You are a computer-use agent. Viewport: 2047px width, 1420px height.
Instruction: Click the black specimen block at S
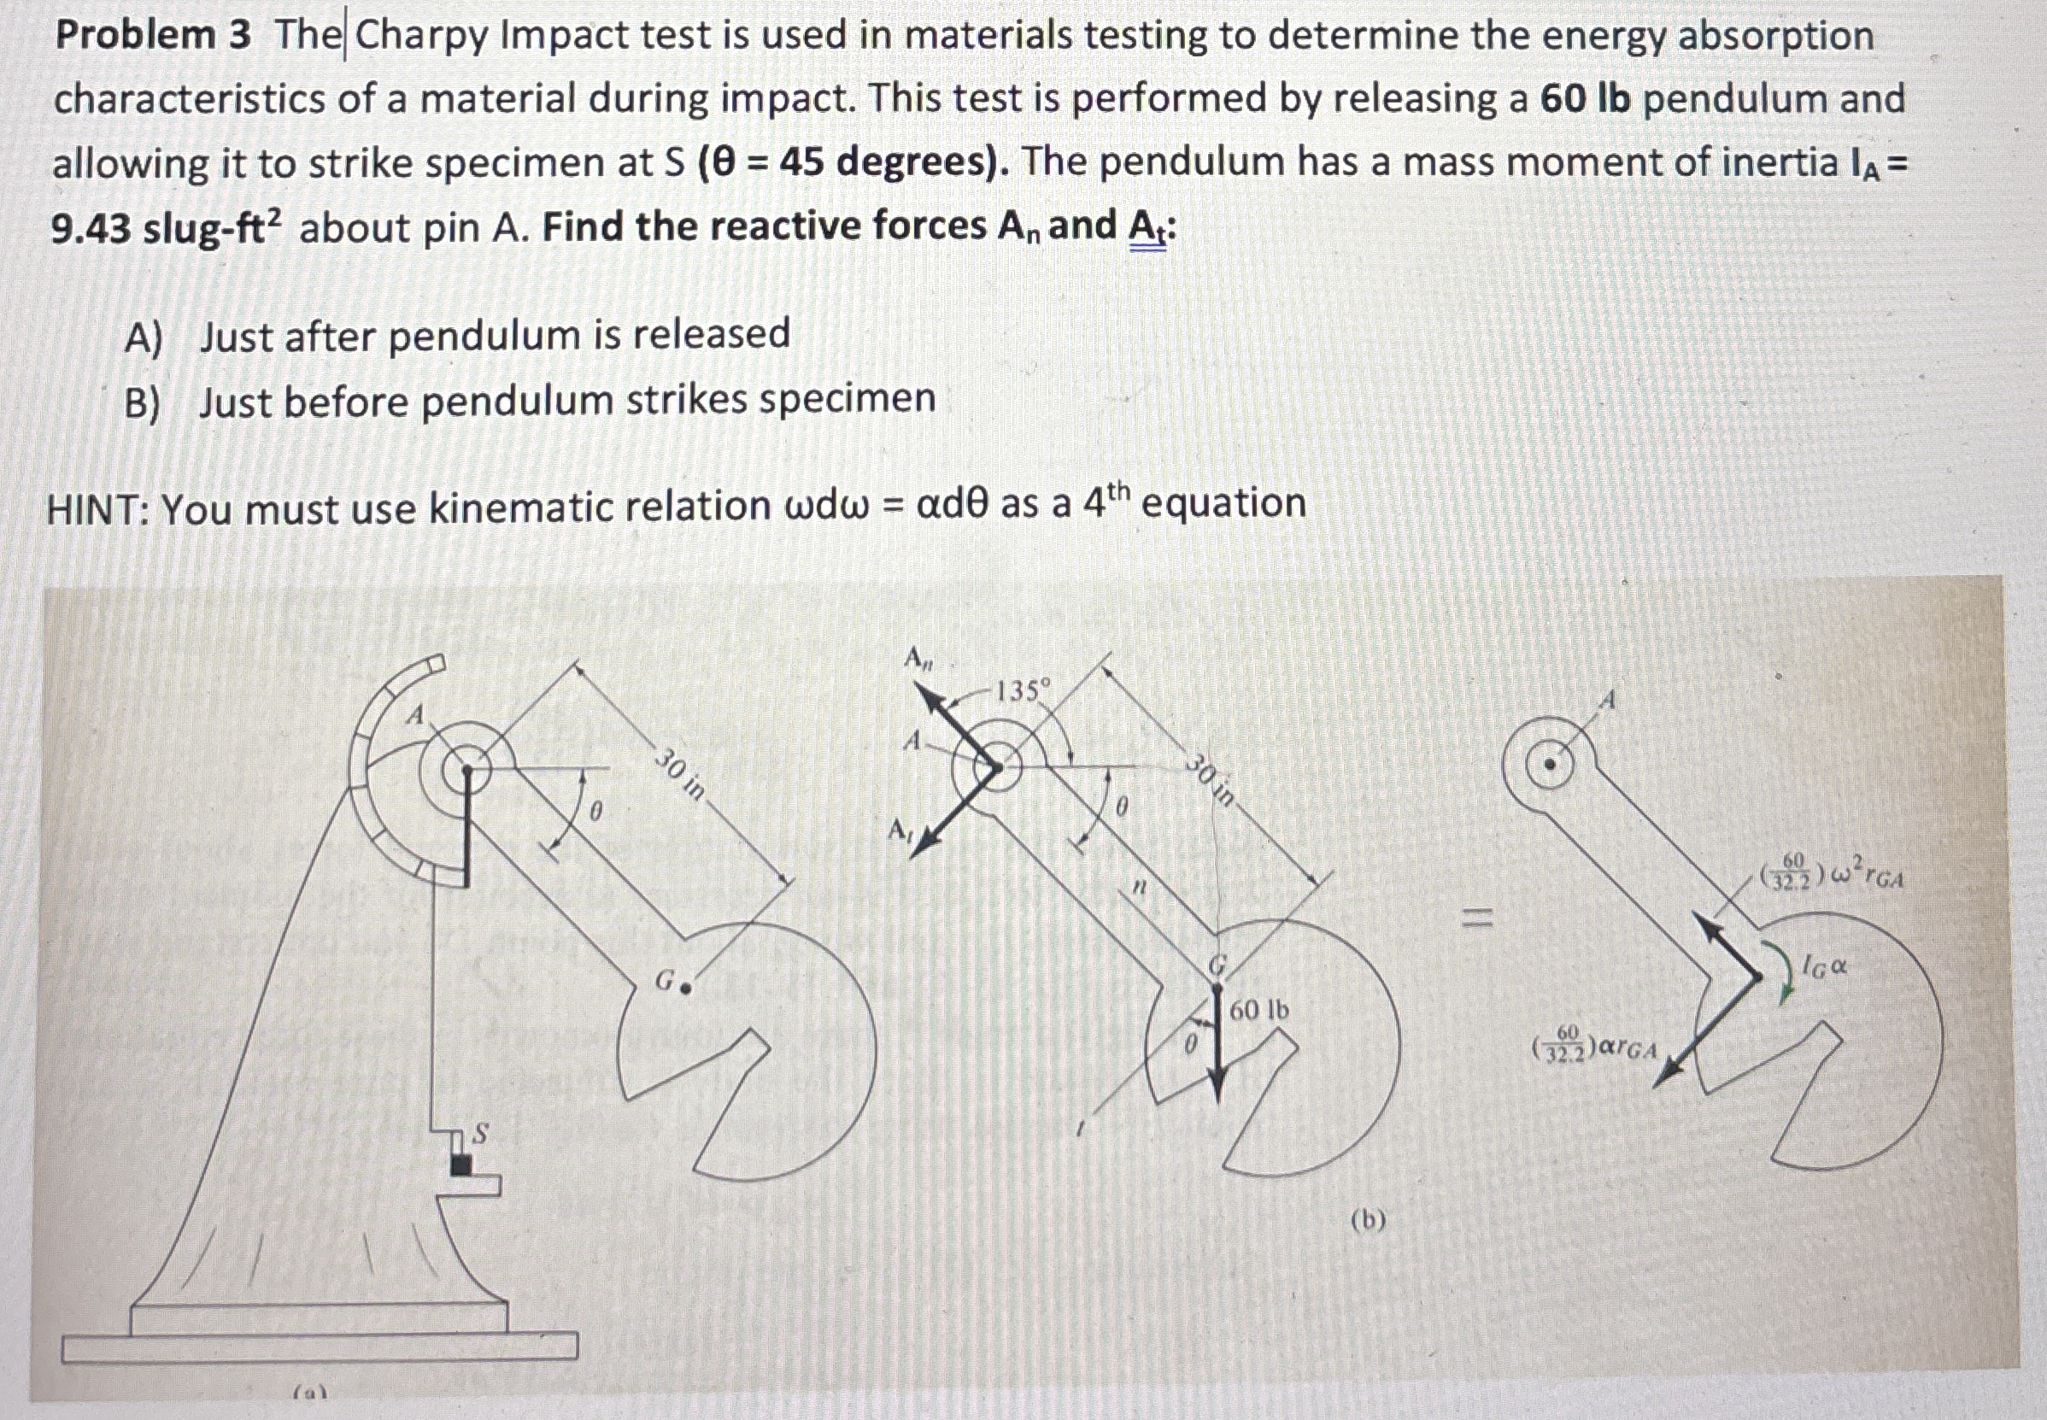tap(460, 1164)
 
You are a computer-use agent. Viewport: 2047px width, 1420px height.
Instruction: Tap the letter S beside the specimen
tap(480, 1134)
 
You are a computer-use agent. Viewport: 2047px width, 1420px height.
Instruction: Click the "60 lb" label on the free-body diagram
tap(1258, 1010)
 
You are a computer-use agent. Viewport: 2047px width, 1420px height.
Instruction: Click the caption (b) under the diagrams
tap(1367, 1220)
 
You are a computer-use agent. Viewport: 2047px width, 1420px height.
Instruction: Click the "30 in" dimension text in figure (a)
tap(681, 774)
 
